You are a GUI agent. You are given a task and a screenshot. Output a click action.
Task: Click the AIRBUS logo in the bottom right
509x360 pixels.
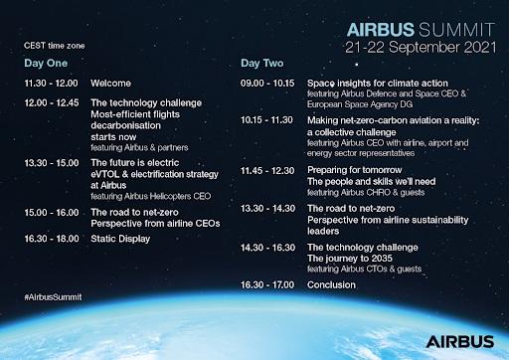pos(460,342)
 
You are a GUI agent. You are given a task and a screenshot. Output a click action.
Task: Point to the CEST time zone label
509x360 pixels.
pos(55,46)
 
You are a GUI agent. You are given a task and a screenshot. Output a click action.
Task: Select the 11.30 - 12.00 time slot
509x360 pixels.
pos(51,85)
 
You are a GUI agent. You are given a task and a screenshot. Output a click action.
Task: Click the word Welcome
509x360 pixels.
pos(110,85)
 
